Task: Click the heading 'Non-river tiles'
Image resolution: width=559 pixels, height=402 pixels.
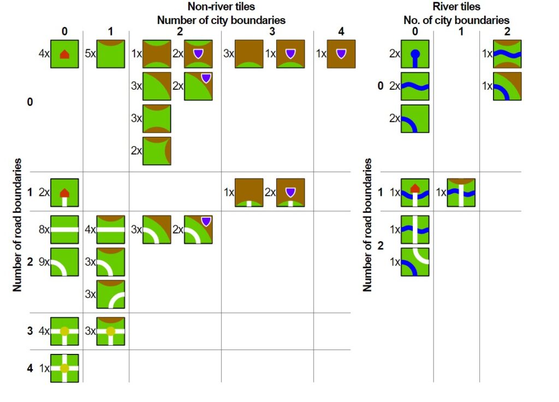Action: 221,7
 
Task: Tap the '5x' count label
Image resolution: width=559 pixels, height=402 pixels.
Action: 91,54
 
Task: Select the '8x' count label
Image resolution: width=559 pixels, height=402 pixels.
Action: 44,230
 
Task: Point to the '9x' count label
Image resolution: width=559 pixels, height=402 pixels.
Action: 44,261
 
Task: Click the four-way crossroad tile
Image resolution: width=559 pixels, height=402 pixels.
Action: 64,368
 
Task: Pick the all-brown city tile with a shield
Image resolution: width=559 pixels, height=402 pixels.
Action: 341,54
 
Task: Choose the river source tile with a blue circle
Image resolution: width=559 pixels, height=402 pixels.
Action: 415,54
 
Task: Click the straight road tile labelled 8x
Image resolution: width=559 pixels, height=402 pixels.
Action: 64,230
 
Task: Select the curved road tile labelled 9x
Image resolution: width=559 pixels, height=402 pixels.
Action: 64,261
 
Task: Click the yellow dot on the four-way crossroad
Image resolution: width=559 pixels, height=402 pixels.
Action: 64,368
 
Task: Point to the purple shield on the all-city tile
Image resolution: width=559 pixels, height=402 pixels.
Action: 341,53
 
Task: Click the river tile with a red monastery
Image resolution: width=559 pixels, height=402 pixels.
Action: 415,193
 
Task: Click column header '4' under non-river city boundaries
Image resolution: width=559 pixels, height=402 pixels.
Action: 341,32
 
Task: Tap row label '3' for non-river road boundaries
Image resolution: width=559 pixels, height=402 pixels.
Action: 30,331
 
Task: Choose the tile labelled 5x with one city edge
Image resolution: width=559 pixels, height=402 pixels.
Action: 111,54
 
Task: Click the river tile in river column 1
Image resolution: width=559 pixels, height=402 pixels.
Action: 461,193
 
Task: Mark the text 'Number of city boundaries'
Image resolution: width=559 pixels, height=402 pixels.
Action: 221,20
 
